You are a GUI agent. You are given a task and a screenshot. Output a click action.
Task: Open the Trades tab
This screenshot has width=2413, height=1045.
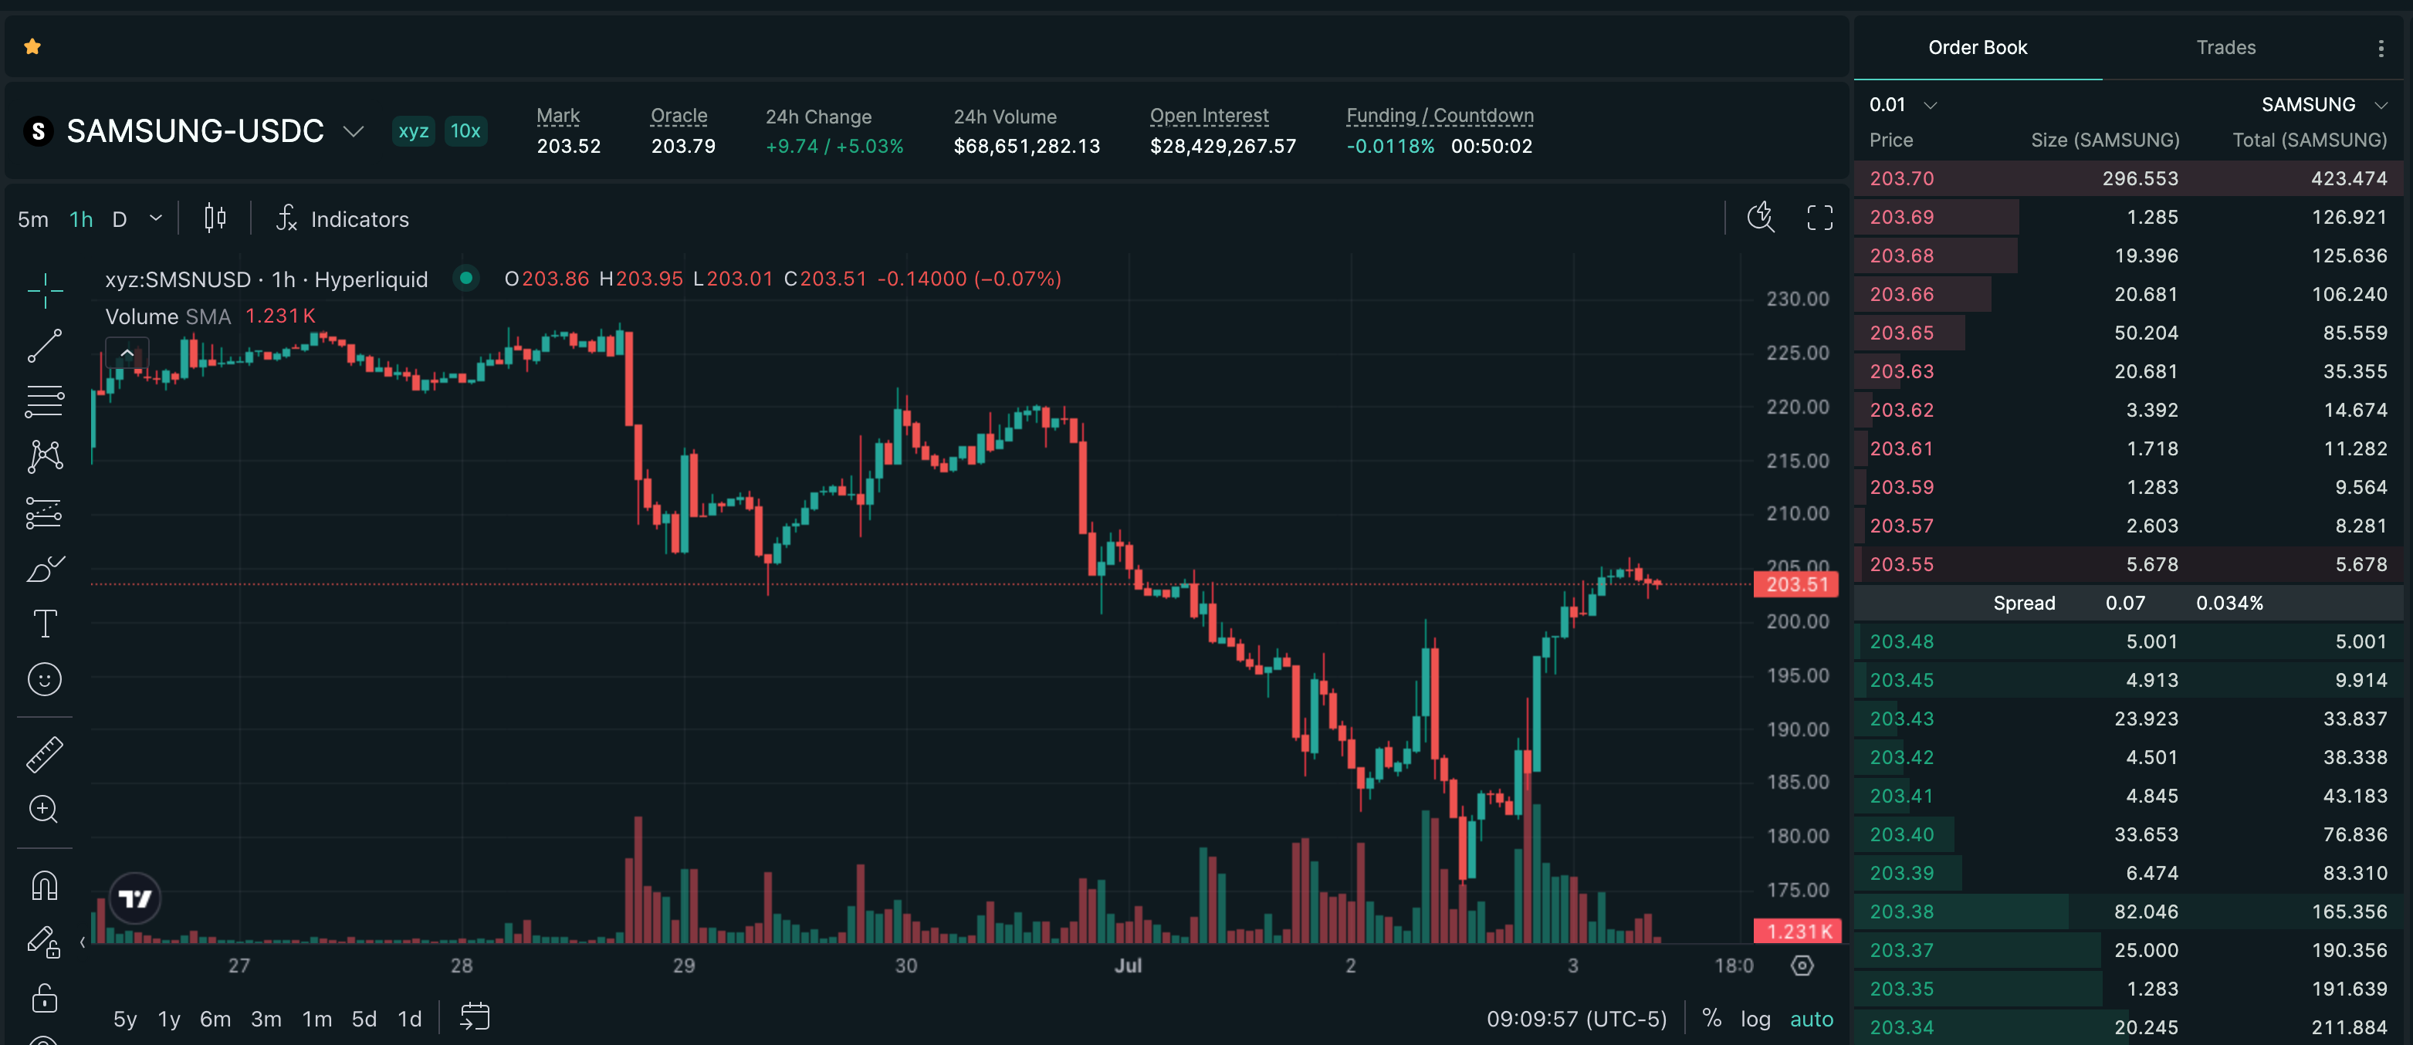click(x=2225, y=48)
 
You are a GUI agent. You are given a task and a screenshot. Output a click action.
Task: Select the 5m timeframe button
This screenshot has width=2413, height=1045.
click(x=32, y=219)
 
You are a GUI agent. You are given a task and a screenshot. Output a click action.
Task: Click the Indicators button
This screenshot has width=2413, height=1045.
click(x=342, y=219)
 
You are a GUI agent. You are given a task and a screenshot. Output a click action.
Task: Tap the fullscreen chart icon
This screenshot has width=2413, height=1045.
click(x=1819, y=218)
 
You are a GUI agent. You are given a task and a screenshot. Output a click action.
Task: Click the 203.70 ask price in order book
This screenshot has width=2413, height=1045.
click(x=1900, y=179)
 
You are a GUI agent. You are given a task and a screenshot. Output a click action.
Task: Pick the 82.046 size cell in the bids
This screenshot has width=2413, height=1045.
click(x=2146, y=912)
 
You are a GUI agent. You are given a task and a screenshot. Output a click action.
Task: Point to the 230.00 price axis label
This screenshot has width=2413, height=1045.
click(x=1797, y=299)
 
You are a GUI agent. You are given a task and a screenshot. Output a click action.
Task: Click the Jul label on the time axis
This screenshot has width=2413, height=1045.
click(x=1128, y=966)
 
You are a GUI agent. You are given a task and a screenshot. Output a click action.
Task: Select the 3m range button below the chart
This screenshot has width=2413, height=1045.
click(x=266, y=1019)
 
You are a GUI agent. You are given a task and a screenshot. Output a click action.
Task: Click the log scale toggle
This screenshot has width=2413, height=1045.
click(x=1755, y=1019)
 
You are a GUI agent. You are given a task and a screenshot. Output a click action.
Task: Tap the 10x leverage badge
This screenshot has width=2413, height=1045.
click(x=465, y=131)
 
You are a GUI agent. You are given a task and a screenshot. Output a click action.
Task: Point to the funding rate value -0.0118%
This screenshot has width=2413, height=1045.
click(x=1389, y=147)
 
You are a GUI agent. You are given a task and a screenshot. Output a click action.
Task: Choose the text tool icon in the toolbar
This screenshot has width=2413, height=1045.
click(x=45, y=624)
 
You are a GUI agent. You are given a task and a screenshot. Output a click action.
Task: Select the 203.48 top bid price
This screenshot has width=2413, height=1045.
click(x=1900, y=642)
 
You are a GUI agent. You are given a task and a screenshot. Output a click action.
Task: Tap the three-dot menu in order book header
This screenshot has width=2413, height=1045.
click(x=2381, y=49)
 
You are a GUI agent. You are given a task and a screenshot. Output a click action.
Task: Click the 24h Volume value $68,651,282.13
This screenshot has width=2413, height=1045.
click(x=1027, y=147)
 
